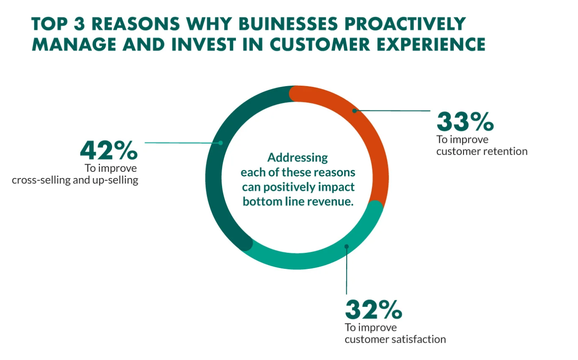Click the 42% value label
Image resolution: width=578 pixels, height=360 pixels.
point(109,150)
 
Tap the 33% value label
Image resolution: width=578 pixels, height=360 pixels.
point(465,121)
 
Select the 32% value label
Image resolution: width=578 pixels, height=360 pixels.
point(374,310)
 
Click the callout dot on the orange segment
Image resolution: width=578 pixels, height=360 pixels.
point(355,111)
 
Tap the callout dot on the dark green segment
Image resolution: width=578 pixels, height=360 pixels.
point(221,143)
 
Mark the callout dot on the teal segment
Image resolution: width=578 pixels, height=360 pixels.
point(347,247)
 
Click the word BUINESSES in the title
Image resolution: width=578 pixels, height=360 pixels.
point(288,24)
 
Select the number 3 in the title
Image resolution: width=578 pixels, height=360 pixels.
point(79,24)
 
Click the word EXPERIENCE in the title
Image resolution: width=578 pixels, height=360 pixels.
point(431,45)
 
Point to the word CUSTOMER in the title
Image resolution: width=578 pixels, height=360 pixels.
point(320,45)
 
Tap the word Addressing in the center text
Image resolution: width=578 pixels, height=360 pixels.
point(298,158)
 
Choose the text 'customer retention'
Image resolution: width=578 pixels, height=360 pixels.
point(482,151)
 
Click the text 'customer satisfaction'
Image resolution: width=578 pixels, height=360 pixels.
point(395,339)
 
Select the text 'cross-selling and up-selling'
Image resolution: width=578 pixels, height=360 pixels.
point(75,180)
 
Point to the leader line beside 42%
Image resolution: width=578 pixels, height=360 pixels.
point(183,143)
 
